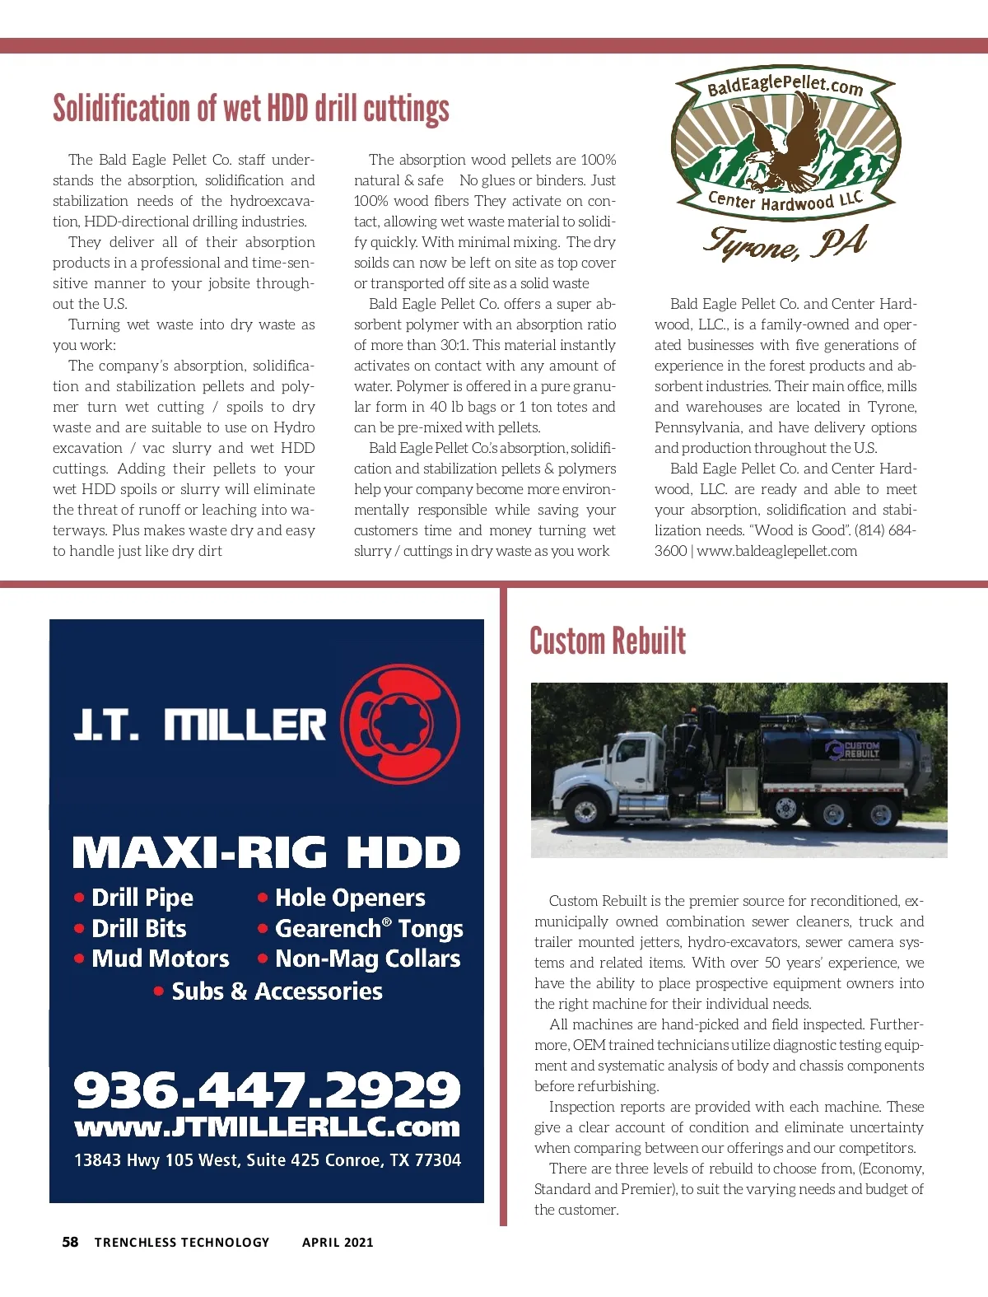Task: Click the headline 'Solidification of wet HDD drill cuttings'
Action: point(251,109)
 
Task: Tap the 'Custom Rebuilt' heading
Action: point(608,642)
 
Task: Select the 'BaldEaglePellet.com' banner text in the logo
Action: point(785,84)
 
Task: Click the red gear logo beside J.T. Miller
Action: point(400,725)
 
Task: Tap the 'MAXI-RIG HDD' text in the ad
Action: point(266,853)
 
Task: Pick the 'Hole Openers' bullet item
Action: point(350,898)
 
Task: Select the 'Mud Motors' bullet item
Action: point(161,959)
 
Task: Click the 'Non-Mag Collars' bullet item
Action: point(367,959)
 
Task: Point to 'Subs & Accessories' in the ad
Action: point(277,991)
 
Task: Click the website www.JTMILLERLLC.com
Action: point(267,1127)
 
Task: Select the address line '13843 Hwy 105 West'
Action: point(267,1160)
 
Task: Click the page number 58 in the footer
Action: point(71,1242)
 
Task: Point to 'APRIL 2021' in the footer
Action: point(338,1243)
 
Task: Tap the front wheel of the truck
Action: point(587,812)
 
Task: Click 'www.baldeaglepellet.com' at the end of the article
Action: point(776,551)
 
